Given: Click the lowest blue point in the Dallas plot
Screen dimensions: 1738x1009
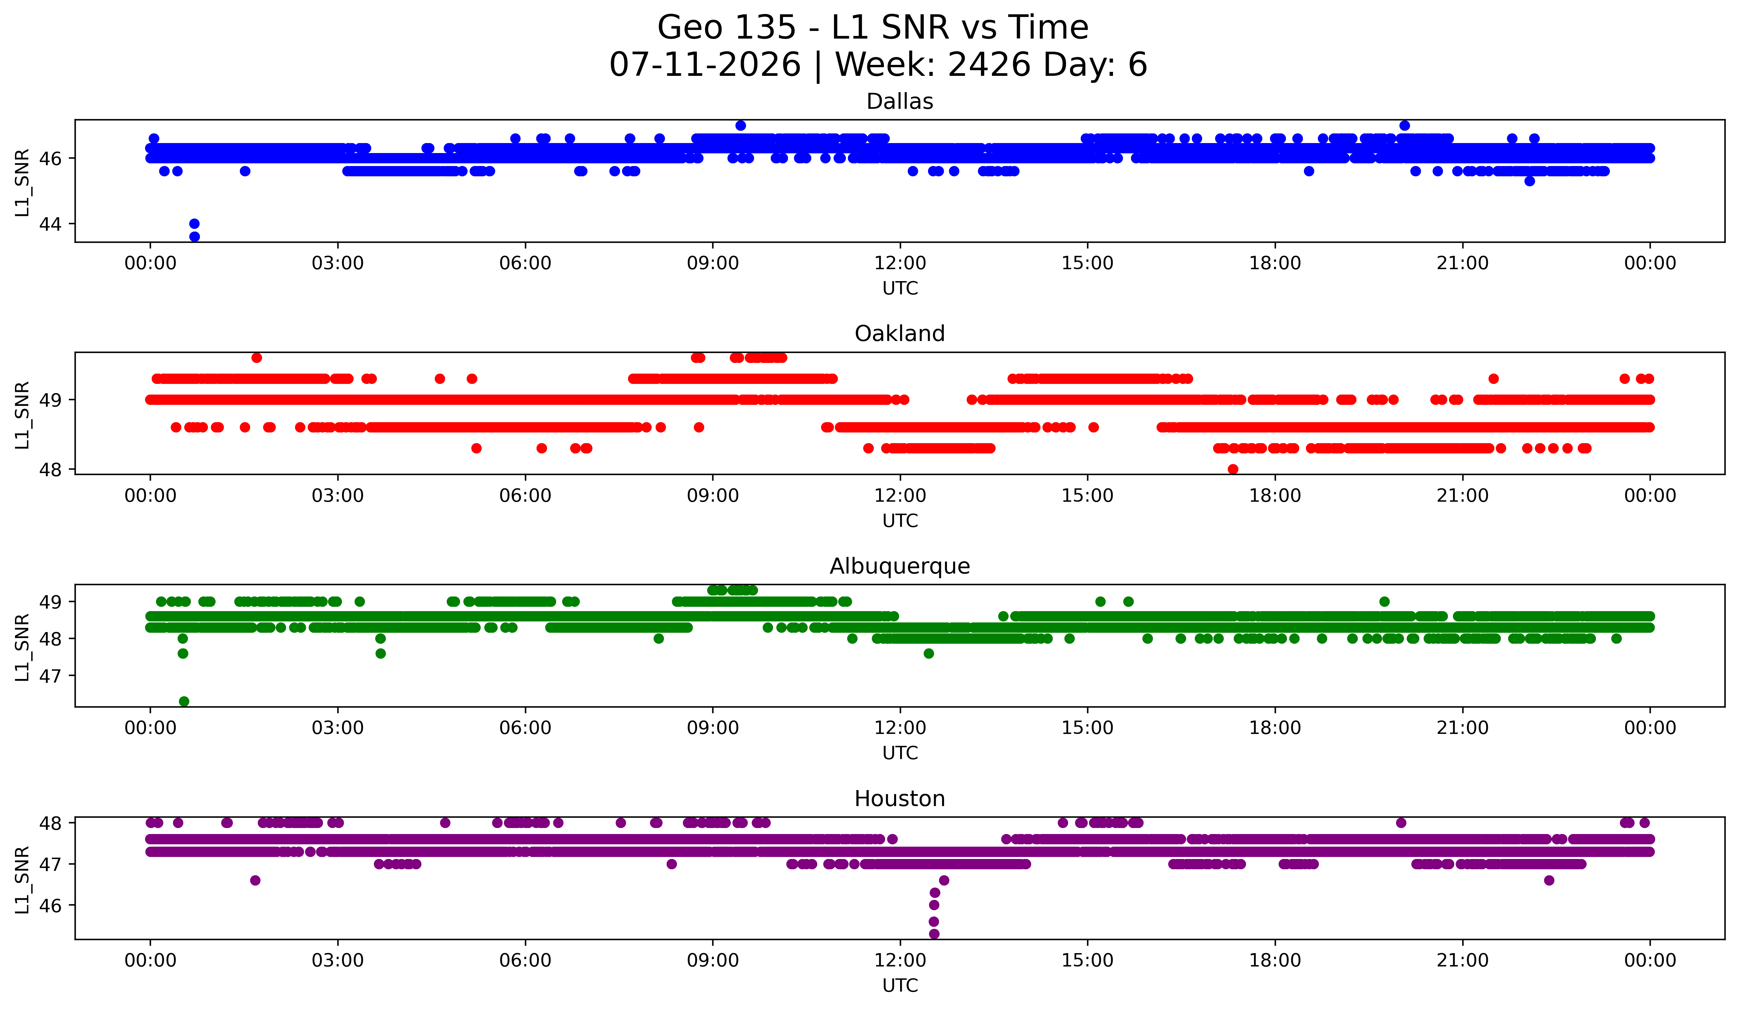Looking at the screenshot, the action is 195,237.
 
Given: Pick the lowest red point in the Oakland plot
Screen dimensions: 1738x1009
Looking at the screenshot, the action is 1233,469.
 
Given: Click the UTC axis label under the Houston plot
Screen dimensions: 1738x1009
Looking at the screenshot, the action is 900,986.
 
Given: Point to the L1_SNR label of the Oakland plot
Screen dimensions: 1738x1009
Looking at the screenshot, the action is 22,415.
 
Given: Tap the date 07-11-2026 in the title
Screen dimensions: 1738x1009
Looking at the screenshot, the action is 705,65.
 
